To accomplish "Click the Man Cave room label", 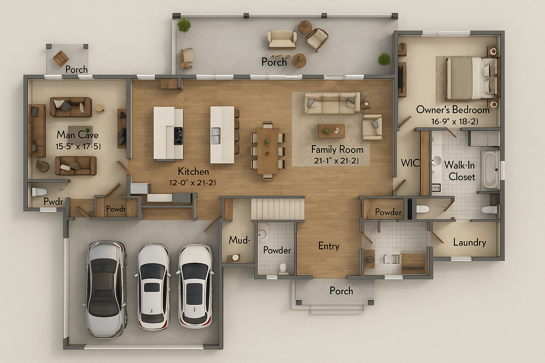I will click(77, 135).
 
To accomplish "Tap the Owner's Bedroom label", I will click(453, 110).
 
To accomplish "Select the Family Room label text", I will click(337, 150).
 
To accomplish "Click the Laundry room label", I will click(469, 242).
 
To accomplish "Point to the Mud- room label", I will click(239, 240).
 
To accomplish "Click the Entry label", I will click(329, 246).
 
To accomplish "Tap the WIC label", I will click(410, 163).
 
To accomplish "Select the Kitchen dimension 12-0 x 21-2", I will click(192, 183).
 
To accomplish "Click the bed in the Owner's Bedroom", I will click(471, 78).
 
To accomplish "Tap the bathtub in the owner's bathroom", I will click(490, 169).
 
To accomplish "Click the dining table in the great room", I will click(268, 151).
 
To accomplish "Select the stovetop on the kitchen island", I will click(178, 136).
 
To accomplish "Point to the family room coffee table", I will click(331, 131).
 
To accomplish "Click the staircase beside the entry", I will click(278, 209).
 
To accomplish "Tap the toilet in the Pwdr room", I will click(39, 192).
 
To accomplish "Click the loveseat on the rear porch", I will click(282, 39).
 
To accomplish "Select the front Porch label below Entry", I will click(341, 291).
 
